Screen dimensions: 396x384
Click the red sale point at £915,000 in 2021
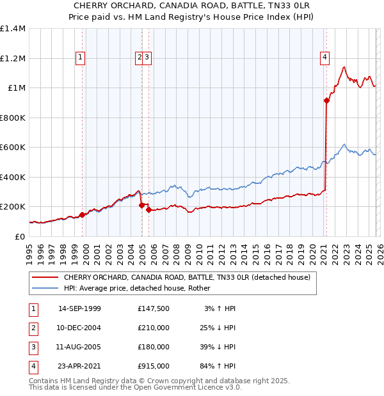pyautogui.click(x=326, y=100)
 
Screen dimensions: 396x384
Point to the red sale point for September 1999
pyautogui.click(x=82, y=215)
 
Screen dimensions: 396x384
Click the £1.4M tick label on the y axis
pyautogui.click(x=13, y=29)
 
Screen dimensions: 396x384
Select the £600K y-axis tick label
pyautogui.click(x=13, y=148)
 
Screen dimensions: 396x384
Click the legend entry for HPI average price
pyautogui.click(x=141, y=288)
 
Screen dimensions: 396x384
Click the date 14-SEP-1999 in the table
pyautogui.click(x=79, y=308)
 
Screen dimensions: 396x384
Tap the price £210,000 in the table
pyautogui.click(x=154, y=328)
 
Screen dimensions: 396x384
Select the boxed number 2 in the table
pyautogui.click(x=31, y=328)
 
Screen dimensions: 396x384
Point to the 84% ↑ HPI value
pyautogui.click(x=218, y=366)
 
